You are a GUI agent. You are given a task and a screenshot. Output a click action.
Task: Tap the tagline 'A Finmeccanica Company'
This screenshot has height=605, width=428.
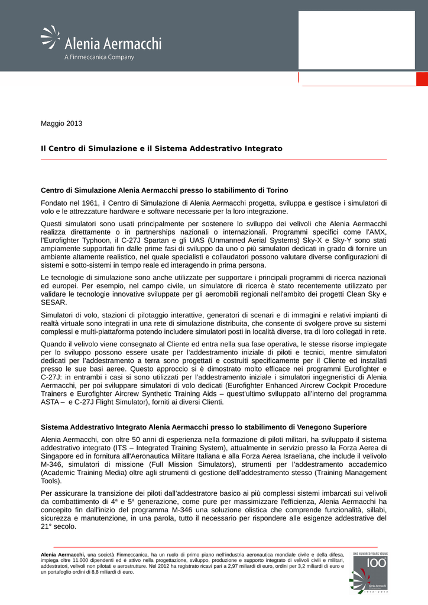coord(99,57)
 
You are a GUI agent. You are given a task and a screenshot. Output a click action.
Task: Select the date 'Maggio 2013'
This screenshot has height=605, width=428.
coord(61,123)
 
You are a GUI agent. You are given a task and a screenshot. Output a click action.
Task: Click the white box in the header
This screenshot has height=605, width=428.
coord(356,40)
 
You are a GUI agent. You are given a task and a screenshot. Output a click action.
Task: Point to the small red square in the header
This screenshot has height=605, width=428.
coord(421,79)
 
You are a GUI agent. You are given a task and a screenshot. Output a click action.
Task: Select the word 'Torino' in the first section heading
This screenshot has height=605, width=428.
coord(275,190)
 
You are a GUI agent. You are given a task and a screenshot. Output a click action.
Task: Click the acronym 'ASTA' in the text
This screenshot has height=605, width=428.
coord(51,402)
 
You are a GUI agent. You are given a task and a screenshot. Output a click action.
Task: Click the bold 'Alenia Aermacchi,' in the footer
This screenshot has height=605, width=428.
coord(63,555)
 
